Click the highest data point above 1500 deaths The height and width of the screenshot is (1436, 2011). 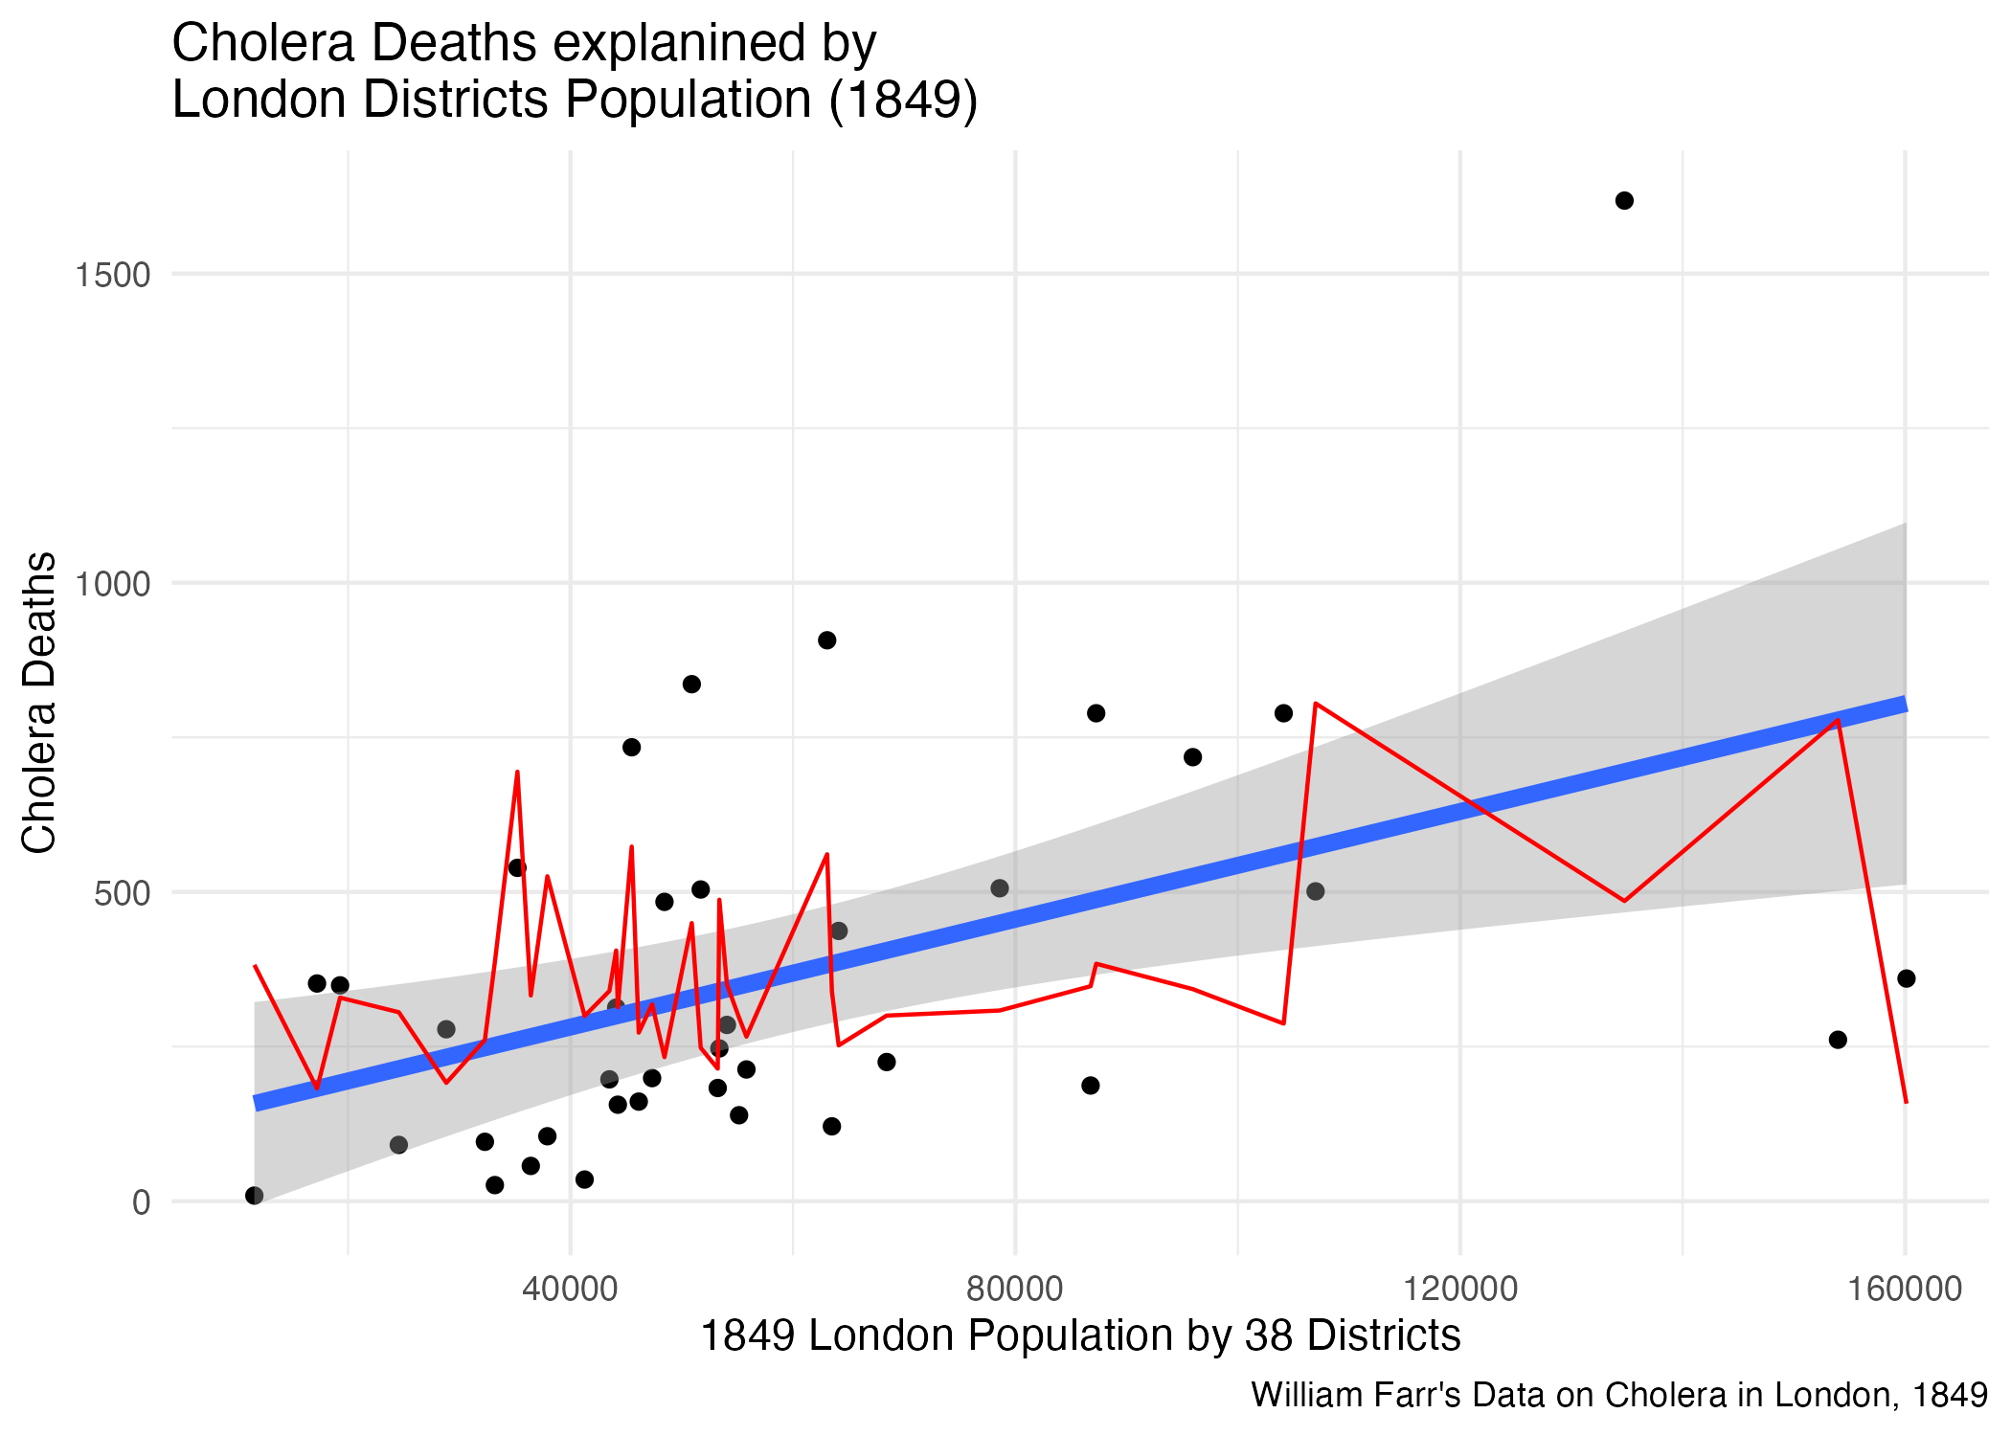pos(1624,200)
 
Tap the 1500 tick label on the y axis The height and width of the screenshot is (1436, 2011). pos(113,275)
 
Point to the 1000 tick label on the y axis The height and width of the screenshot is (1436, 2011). pos(113,583)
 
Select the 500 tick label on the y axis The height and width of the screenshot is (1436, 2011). pos(123,893)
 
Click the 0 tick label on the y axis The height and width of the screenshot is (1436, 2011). pos(142,1202)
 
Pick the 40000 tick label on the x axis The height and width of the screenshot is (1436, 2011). pos(570,1289)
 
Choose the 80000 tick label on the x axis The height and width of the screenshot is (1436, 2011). pos(1015,1289)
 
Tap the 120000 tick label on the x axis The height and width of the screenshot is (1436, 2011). pos(1460,1289)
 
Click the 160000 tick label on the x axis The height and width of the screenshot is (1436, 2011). pos(1905,1289)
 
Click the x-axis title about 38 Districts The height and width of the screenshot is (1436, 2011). pos(1080,1335)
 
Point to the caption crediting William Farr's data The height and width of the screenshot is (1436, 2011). pos(1619,1395)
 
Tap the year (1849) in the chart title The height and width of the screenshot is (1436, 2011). pos(904,100)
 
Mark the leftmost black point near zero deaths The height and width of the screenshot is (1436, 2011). pos(254,1195)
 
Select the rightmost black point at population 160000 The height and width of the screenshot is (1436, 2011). pos(1906,978)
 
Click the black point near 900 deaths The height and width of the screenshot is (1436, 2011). pos(827,640)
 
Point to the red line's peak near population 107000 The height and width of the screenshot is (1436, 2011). pos(1316,703)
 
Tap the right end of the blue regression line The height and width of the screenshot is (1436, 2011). pos(1905,705)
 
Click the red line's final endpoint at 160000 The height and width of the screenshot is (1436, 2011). pos(1907,1103)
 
